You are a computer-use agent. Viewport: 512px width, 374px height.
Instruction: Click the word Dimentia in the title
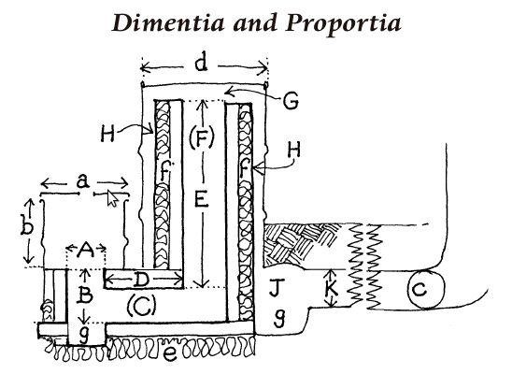click(x=168, y=23)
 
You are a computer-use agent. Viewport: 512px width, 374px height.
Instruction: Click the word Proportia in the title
click(x=343, y=24)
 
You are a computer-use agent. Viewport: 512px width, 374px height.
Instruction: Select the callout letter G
click(x=291, y=101)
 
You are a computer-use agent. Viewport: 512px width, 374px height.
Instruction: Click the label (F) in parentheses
click(x=202, y=137)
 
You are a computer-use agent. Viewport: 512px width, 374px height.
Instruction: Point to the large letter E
click(x=201, y=199)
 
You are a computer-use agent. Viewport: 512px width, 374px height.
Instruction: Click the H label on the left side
click(x=107, y=134)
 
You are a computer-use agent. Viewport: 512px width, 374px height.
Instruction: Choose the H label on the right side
click(x=294, y=151)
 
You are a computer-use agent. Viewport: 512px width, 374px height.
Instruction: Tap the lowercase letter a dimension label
click(x=83, y=180)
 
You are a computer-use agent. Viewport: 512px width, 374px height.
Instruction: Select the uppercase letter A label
click(x=86, y=251)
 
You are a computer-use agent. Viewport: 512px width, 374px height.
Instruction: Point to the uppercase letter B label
click(x=86, y=295)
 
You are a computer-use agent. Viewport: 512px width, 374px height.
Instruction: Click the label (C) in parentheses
click(x=142, y=306)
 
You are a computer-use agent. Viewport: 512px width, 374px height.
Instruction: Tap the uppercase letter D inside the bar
click(x=142, y=280)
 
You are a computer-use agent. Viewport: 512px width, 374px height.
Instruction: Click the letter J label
click(x=277, y=287)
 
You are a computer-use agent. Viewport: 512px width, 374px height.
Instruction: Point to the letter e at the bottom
click(x=169, y=353)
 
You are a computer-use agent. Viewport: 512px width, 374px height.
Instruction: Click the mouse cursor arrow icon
click(x=112, y=199)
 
